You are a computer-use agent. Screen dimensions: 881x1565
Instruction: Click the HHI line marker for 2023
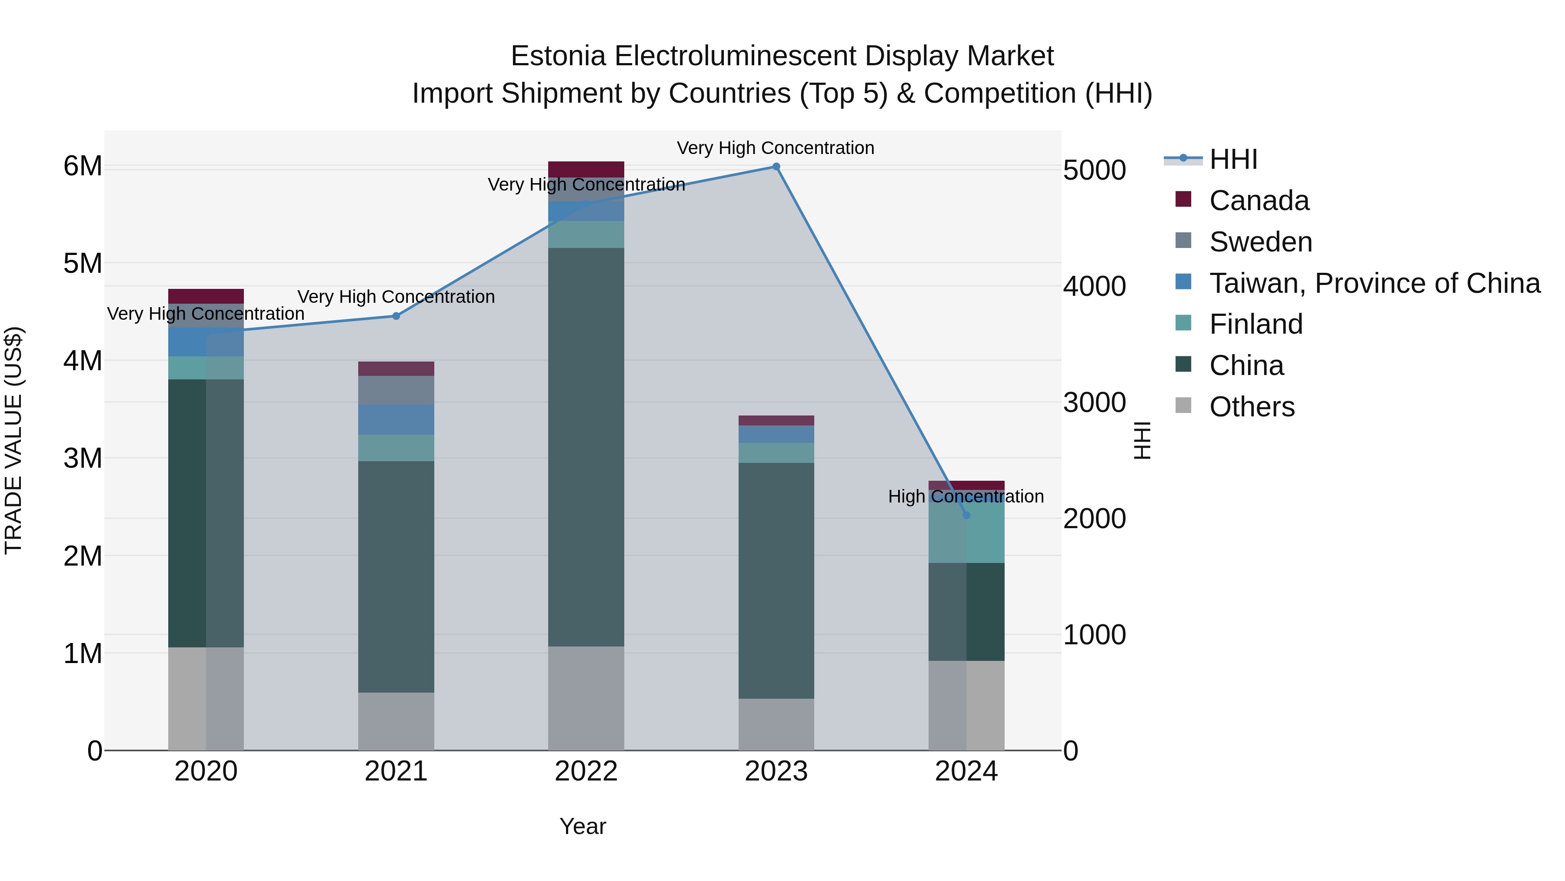[776, 167]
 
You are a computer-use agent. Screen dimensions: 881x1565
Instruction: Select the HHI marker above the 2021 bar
[396, 316]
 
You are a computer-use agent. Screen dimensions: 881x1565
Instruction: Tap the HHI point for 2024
[966, 516]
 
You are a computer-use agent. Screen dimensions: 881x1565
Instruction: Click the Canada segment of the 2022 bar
[586, 169]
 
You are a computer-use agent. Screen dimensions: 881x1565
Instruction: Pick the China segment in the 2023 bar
[776, 581]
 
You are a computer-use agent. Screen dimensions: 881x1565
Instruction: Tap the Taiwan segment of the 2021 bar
[396, 419]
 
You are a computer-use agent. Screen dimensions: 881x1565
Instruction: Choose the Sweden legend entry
[1261, 241]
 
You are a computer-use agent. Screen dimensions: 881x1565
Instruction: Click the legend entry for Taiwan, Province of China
[1374, 283]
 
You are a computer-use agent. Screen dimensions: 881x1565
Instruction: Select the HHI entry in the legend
[1233, 159]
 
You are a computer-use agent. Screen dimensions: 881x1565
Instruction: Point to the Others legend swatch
[1183, 405]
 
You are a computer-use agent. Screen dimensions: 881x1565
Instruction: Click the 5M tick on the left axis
[83, 263]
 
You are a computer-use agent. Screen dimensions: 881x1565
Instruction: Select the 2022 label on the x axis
[586, 771]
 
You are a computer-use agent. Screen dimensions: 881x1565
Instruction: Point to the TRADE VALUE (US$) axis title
[13, 440]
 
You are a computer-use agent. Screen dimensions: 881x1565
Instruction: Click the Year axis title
[583, 826]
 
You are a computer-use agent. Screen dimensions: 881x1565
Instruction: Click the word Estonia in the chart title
[558, 56]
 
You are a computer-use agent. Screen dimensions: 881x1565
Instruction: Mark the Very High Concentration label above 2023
[776, 148]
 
